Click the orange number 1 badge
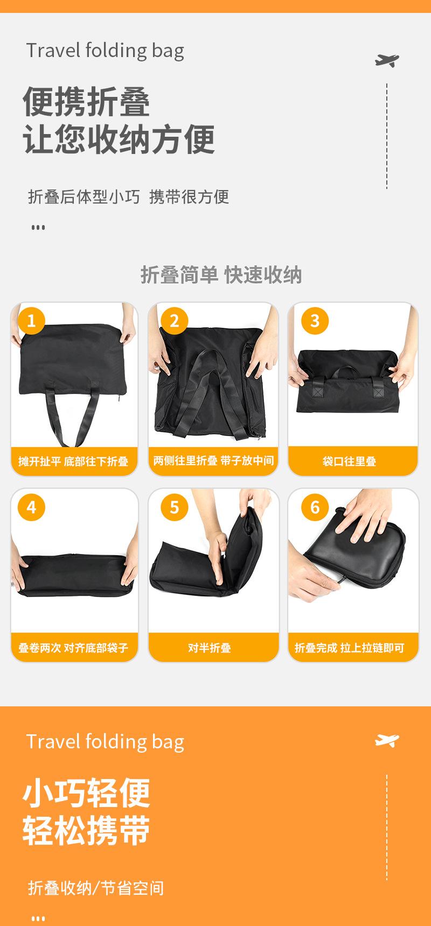point(31,321)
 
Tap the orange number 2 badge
point(174,321)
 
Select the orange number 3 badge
point(315,321)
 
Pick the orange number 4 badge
point(31,507)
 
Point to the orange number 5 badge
point(174,507)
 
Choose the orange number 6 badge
point(315,507)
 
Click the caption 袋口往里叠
point(349,461)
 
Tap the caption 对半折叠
point(210,648)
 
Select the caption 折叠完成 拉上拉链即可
point(349,648)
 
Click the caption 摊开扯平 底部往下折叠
point(73,461)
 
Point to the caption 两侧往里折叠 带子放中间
point(213,461)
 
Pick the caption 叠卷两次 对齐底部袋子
point(73,648)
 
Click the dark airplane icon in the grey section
point(387,60)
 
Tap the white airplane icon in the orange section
point(387,741)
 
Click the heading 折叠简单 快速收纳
point(221,275)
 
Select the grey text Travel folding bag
point(105,51)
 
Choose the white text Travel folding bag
point(105,742)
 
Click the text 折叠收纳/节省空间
point(96,888)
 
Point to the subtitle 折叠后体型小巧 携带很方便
point(129,197)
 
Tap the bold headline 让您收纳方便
point(119,139)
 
